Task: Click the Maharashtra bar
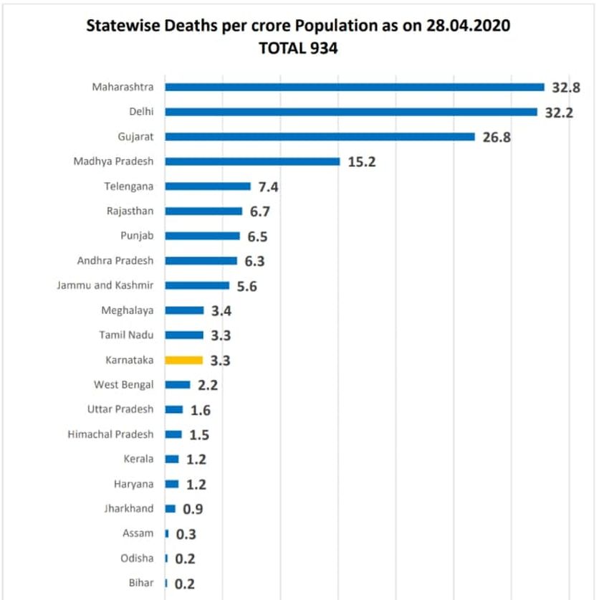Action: [355, 87]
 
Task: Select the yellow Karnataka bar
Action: [183, 361]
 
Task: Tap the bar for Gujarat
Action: [320, 137]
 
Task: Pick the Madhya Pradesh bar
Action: [252, 161]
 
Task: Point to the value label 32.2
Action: [559, 113]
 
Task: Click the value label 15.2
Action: [362, 162]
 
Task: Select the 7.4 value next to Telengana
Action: [269, 187]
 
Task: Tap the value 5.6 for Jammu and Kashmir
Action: [247, 287]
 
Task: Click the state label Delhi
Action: [141, 112]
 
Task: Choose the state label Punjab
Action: [137, 236]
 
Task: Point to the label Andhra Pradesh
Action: [115, 260]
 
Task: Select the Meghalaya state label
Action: [128, 310]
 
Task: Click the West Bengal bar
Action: [178, 385]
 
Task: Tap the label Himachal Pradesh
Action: [110, 434]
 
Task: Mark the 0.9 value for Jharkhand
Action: [193, 509]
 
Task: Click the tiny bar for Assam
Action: [167, 534]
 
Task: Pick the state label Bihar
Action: [141, 583]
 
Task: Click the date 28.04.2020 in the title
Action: [469, 26]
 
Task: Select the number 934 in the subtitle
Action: [324, 48]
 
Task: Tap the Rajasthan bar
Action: [203, 211]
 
